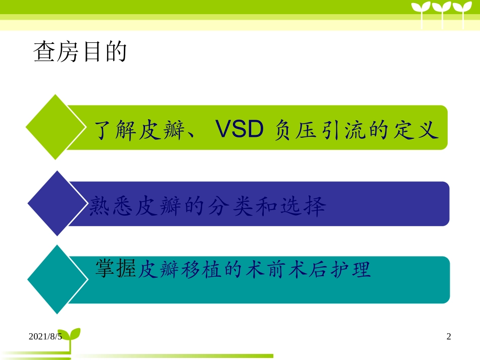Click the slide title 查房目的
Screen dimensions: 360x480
80,52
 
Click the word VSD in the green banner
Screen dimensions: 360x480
239,131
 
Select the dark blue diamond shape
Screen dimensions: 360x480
55,203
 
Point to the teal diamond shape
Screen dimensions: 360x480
55,279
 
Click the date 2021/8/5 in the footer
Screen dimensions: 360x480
45,336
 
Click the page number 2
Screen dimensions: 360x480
449,336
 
